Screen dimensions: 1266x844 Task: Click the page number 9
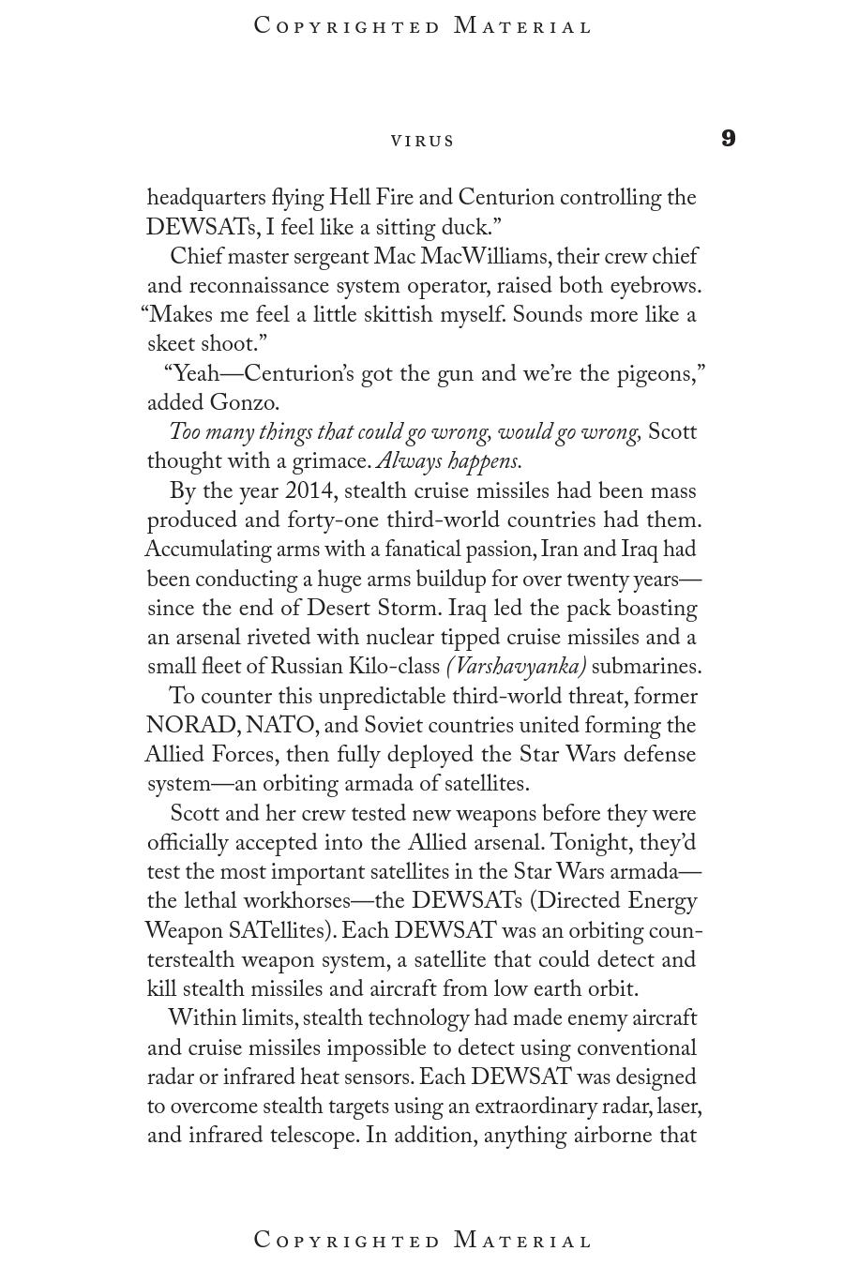click(x=729, y=139)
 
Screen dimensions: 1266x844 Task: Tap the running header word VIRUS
click(x=423, y=141)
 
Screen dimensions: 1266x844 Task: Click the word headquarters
click(x=206, y=199)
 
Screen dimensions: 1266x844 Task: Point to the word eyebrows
click(x=655, y=286)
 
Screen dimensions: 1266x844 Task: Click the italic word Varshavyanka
click(x=517, y=668)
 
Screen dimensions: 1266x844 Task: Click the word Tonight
click(x=589, y=843)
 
